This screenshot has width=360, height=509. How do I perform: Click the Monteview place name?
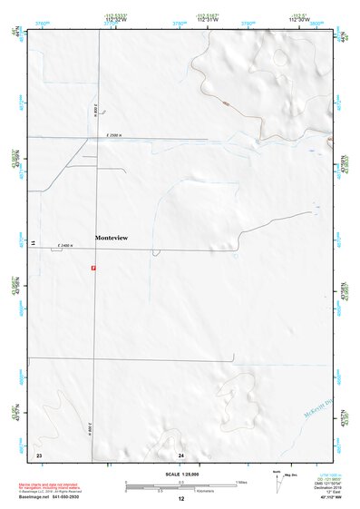[x=112, y=238]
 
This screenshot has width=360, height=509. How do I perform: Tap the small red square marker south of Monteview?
[x=92, y=268]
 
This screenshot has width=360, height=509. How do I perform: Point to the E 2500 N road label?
[x=114, y=135]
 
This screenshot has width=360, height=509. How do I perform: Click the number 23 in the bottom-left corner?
[x=39, y=454]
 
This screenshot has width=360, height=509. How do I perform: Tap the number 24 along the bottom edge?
[x=181, y=454]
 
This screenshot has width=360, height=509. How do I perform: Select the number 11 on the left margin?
[x=31, y=243]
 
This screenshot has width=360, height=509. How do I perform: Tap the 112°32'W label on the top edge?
[x=113, y=20]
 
